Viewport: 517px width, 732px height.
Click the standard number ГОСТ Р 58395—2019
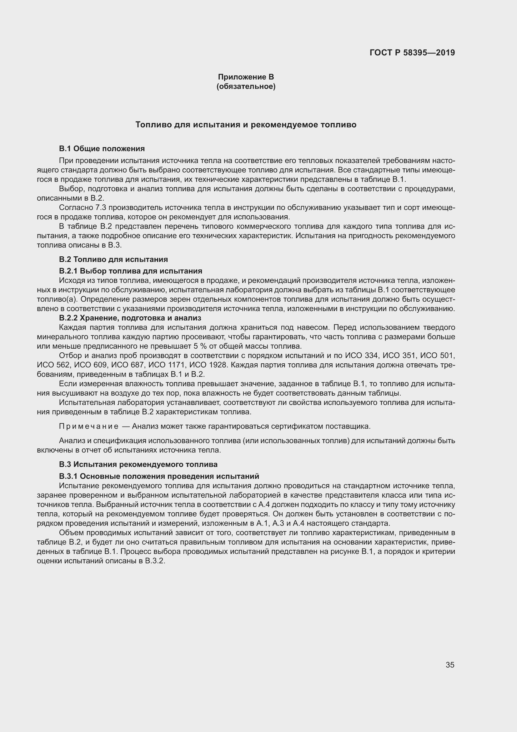click(412, 53)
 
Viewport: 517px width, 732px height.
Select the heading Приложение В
click(246, 77)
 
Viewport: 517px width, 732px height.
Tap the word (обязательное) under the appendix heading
click(246, 86)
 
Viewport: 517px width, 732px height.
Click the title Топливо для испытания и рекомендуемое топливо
click(246, 125)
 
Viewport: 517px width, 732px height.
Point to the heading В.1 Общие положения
click(102, 149)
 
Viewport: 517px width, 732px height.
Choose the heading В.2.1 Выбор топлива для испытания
click(131, 271)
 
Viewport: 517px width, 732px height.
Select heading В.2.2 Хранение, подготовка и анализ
click(130, 318)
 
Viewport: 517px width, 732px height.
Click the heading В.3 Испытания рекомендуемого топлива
click(138, 464)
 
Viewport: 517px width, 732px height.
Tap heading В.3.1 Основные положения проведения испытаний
click(159, 476)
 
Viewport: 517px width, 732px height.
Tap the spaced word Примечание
click(89, 427)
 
